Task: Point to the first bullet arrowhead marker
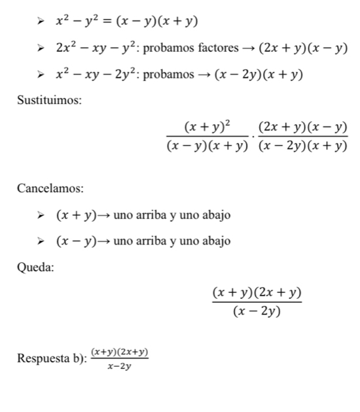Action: (x=43, y=22)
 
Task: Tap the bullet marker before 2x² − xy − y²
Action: (x=43, y=48)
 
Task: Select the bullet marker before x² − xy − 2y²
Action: (x=43, y=75)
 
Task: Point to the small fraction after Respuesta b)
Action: (x=120, y=358)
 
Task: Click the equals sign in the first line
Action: (x=109, y=22)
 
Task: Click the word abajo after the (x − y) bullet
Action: (x=215, y=241)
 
